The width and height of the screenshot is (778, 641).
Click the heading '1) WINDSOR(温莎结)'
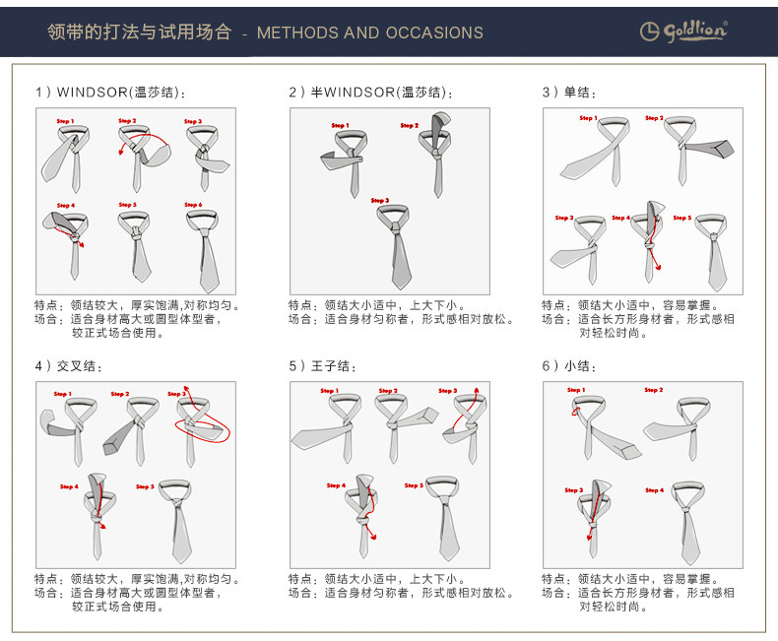coord(110,93)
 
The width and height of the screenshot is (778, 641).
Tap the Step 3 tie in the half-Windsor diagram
coord(395,242)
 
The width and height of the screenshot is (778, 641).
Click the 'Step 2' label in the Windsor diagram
coord(127,121)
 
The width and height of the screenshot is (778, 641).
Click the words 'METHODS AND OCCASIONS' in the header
coord(369,32)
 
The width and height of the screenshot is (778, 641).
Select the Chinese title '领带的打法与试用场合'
coord(139,32)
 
